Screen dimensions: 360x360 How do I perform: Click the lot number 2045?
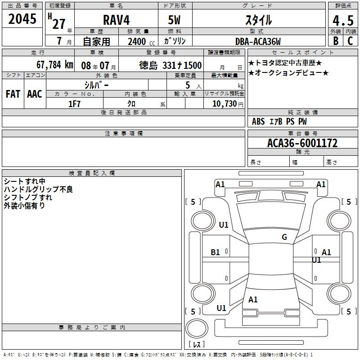[x=22, y=19]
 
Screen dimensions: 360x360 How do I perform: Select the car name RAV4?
[x=117, y=20]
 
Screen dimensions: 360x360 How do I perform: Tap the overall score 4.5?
[x=343, y=21]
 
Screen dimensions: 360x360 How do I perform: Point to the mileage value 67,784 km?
[x=55, y=65]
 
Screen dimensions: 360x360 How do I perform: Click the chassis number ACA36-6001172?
[x=302, y=143]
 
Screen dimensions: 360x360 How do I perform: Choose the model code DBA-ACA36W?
[x=258, y=41]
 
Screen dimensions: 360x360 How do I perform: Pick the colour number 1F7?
[x=74, y=104]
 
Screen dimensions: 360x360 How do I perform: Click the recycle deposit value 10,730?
[x=225, y=104]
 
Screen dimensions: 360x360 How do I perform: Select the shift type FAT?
[x=13, y=94]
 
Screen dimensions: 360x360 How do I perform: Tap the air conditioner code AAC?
[x=35, y=94]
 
